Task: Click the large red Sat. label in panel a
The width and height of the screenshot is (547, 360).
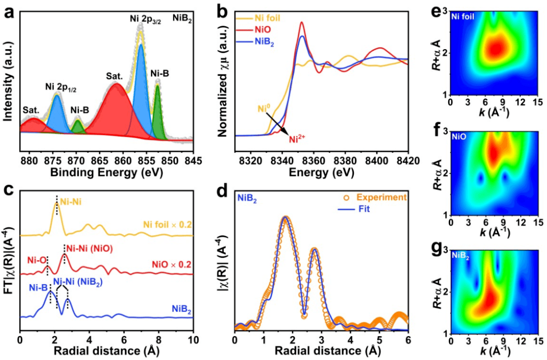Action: tap(115, 75)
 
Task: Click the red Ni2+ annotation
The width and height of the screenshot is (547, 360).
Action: tap(298, 140)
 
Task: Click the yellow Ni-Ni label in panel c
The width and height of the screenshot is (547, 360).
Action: tap(71, 202)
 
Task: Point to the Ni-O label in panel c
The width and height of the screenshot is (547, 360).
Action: tap(37, 260)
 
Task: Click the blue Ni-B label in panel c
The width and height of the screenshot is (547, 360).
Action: tap(38, 288)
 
